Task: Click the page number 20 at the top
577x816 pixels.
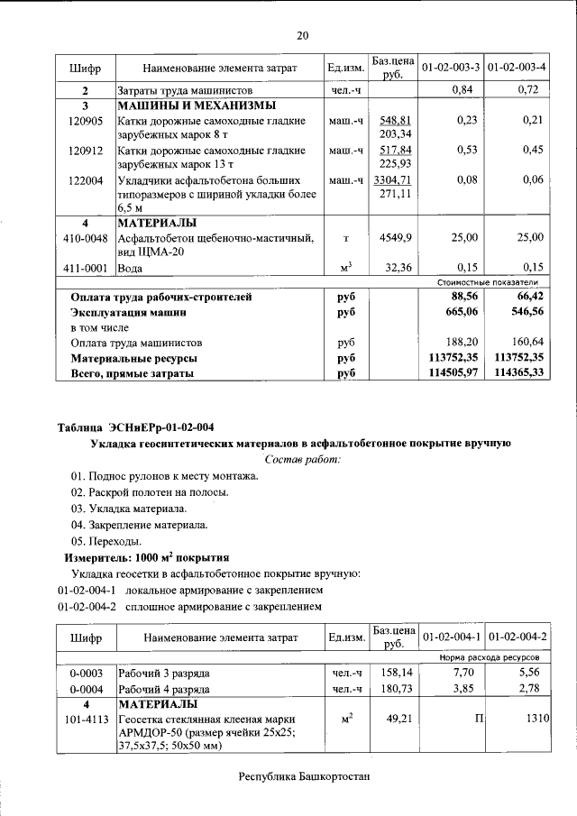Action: click(302, 35)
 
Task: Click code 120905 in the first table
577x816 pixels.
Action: click(86, 120)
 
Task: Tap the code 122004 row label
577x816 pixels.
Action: click(86, 180)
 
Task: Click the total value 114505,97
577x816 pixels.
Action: click(448, 373)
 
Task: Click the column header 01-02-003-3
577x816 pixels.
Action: click(448, 68)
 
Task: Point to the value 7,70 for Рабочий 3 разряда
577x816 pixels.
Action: click(463, 673)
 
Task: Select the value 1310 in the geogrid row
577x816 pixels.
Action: click(533, 720)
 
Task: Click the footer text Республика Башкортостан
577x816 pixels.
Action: click(304, 776)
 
